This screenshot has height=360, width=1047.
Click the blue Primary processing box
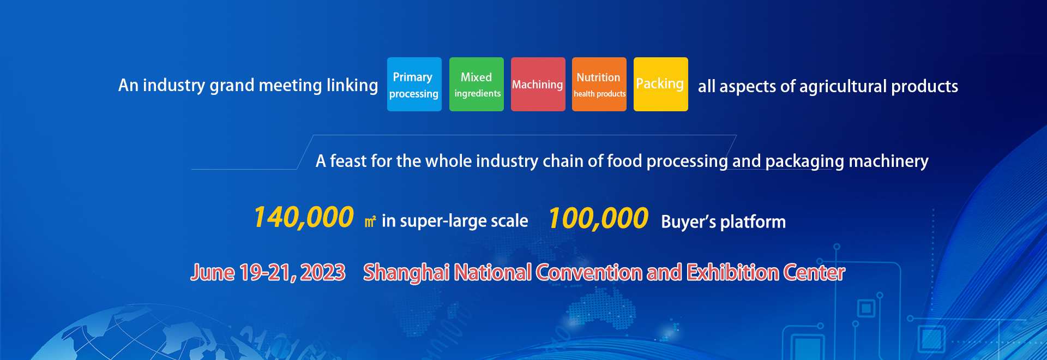coord(414,85)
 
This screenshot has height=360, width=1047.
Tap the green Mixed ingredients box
coord(477,85)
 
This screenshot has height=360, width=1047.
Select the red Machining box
coord(538,85)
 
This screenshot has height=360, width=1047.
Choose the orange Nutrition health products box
coord(599,85)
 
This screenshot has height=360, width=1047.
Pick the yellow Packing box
coord(661,85)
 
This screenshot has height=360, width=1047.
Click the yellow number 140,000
coord(303,218)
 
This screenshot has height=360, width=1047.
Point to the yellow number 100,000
coord(598,219)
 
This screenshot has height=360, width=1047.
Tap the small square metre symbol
coord(370,221)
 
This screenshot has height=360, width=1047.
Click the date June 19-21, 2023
coord(268,272)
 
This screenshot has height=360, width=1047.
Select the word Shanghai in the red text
coord(407,272)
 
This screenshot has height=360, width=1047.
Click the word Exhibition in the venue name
coord(732,272)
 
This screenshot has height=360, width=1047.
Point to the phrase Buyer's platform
coord(724,222)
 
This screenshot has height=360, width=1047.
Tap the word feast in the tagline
coord(348,161)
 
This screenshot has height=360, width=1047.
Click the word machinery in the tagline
coord(889,161)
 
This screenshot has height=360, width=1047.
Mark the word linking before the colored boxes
coord(352,85)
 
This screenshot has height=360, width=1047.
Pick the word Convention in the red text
coord(589,272)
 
